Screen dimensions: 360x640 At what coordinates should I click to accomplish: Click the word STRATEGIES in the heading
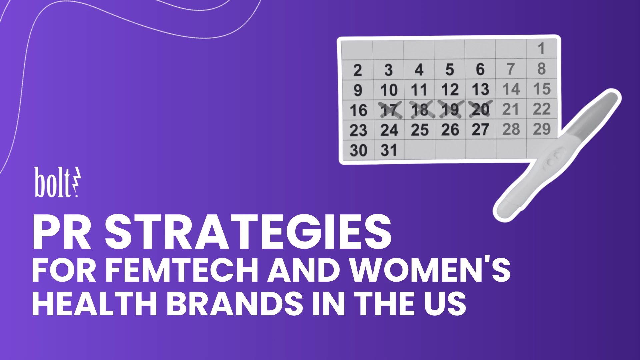[248, 232]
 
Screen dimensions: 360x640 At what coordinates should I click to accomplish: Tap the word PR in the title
[62, 232]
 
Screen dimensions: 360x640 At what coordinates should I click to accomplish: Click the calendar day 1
[541, 49]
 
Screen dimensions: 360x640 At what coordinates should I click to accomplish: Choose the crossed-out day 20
[480, 109]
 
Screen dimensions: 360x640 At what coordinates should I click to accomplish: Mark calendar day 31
[389, 150]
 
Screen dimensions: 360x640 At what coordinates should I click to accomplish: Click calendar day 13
[480, 89]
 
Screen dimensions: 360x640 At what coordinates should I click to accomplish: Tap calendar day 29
[542, 129]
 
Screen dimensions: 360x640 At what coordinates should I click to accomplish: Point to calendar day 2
[358, 70]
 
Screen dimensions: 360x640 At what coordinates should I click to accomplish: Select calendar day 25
[419, 130]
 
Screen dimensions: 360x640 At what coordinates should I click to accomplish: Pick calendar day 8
[541, 69]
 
